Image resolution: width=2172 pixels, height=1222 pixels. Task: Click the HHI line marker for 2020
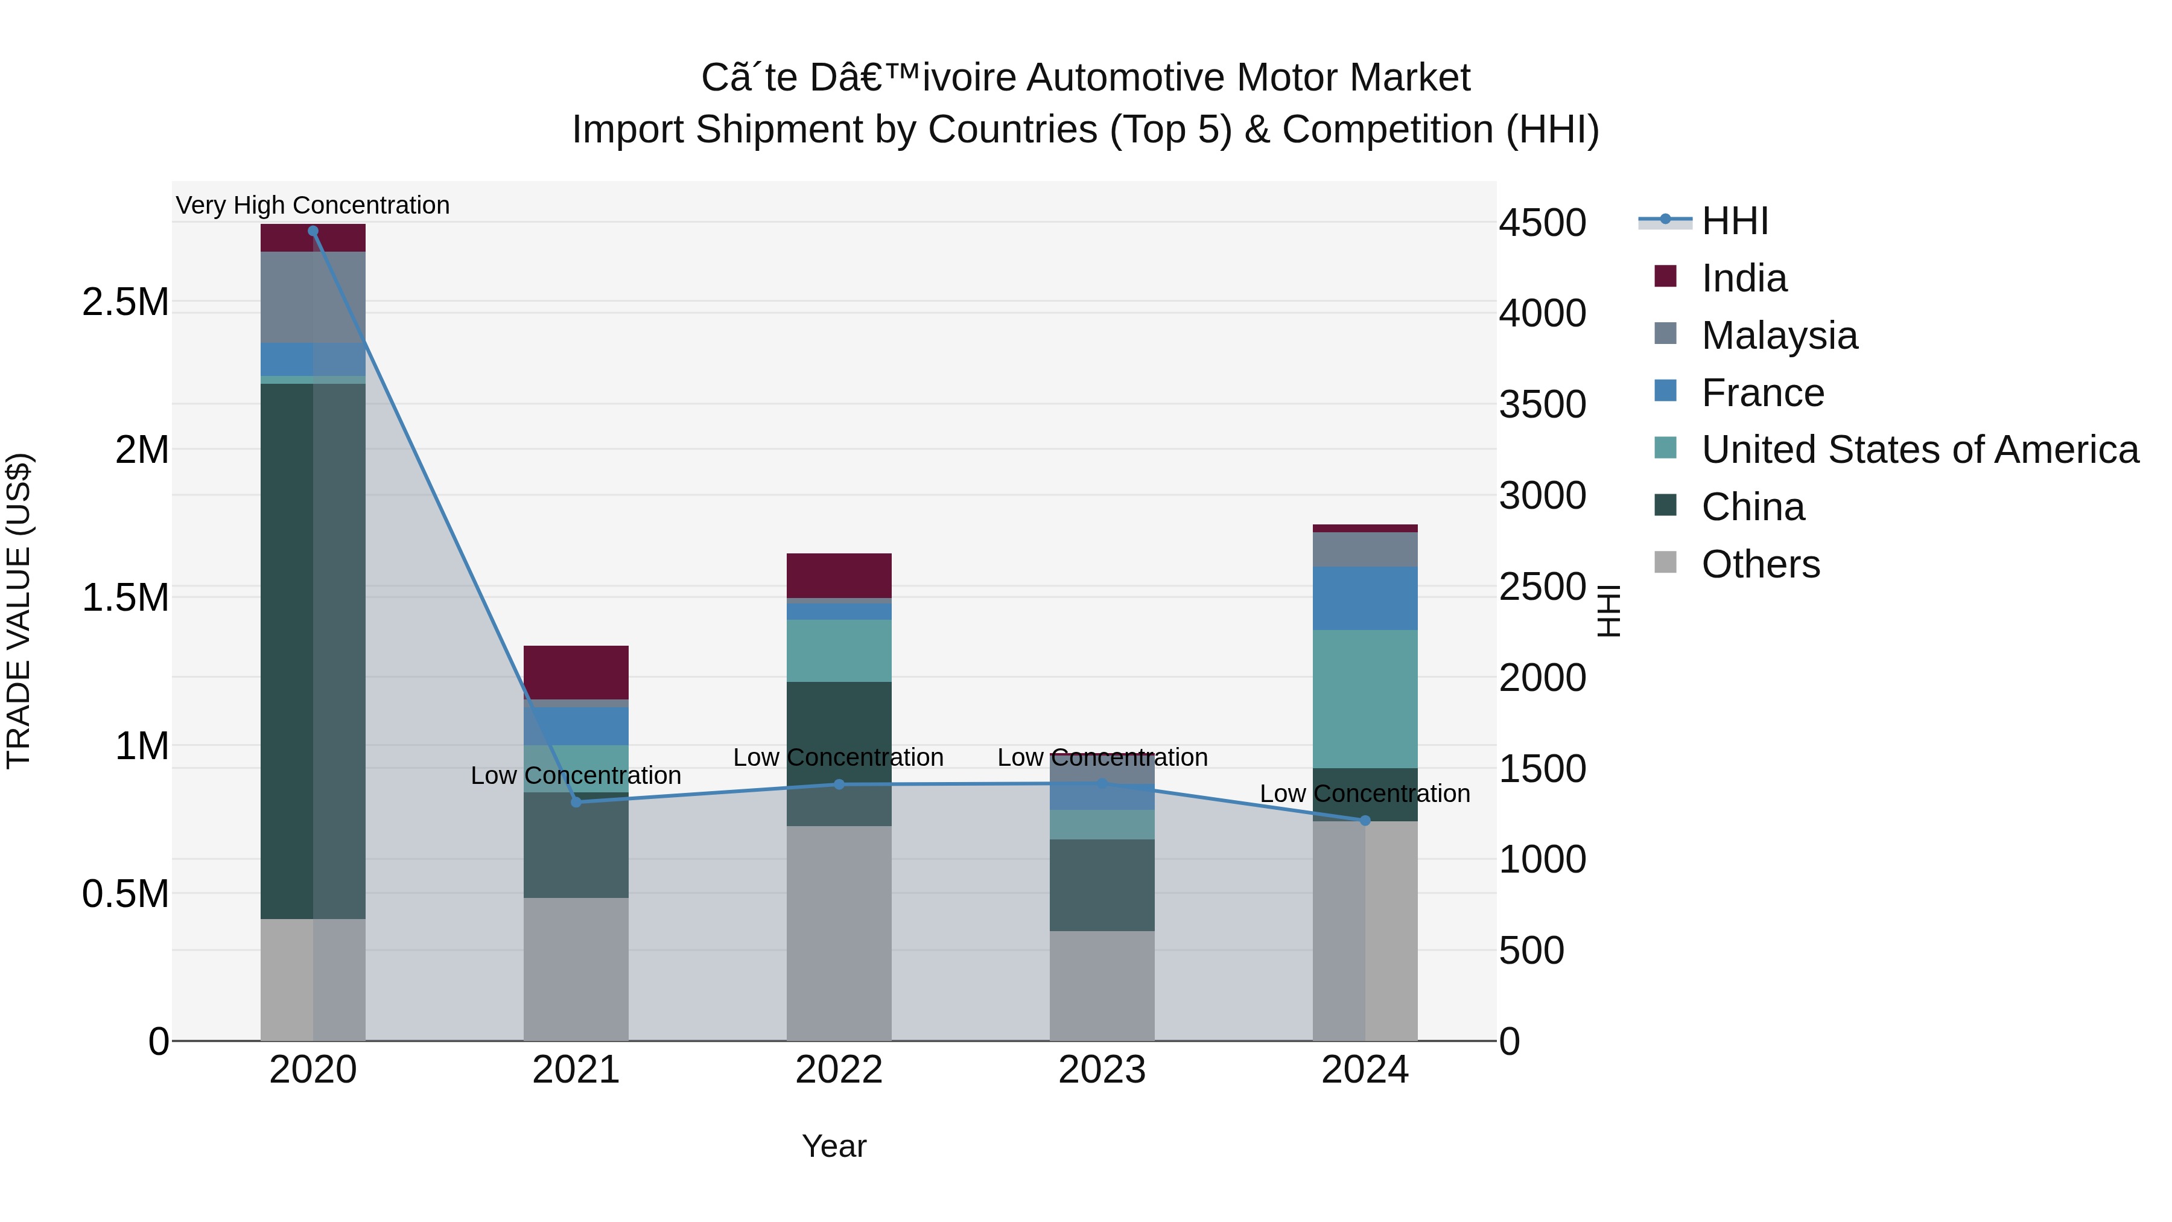click(313, 231)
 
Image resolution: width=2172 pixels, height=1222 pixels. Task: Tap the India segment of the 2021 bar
click(576, 672)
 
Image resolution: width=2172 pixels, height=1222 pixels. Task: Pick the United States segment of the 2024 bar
click(1365, 698)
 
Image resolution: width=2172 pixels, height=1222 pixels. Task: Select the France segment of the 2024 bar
click(1365, 598)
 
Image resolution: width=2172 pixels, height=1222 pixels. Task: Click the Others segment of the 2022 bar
click(839, 932)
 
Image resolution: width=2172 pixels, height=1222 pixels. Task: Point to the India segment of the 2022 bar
click(839, 575)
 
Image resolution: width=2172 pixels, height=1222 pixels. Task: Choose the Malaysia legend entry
click(1779, 336)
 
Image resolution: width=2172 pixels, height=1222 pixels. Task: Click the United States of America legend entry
click(1919, 450)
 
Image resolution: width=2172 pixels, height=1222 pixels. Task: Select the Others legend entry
click(1760, 564)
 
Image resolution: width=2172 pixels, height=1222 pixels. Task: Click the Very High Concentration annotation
click(313, 205)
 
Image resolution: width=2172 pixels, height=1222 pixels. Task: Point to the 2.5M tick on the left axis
click(125, 302)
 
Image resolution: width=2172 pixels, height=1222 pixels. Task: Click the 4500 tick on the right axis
click(1542, 223)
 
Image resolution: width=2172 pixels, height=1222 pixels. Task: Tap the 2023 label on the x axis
click(1102, 1070)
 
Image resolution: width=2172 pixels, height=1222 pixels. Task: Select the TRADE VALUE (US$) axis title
click(19, 611)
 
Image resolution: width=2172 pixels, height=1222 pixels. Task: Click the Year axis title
click(834, 1146)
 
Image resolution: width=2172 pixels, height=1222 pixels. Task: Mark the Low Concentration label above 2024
click(1365, 794)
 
